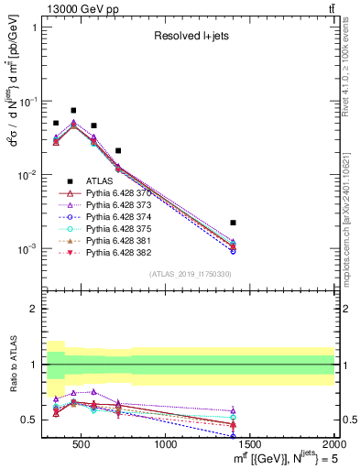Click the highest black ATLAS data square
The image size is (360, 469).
click(x=73, y=110)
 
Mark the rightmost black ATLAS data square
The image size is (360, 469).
click(x=234, y=223)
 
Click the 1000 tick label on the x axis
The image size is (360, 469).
click(x=166, y=445)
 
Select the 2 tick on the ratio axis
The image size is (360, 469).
click(x=35, y=309)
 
